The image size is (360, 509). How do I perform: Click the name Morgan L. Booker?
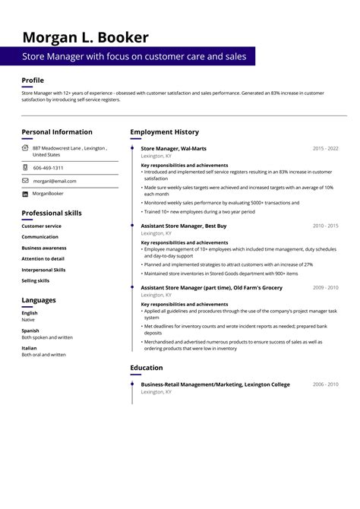tap(85, 37)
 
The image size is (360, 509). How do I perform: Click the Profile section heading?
tap(33, 81)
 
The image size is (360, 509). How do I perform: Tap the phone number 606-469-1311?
tap(48, 168)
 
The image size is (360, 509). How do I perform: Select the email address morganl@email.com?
tap(54, 181)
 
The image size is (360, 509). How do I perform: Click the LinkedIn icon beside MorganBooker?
tap(25, 194)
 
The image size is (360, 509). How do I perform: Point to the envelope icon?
tap(25, 181)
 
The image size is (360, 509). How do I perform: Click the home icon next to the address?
tap(25, 148)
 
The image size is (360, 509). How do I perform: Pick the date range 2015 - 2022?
tap(325, 148)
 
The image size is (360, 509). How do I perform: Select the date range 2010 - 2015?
tap(325, 226)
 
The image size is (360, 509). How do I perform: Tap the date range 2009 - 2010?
tap(325, 288)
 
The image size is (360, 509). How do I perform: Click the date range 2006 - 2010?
tap(325, 384)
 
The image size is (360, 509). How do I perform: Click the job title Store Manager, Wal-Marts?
tap(173, 148)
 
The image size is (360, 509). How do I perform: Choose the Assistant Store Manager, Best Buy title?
tap(184, 226)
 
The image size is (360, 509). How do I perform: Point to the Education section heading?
tap(147, 368)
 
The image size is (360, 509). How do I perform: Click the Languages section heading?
tap(39, 300)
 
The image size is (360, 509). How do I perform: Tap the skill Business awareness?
tap(43, 248)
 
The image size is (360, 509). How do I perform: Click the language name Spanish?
tap(30, 330)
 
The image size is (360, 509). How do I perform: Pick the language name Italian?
tap(29, 348)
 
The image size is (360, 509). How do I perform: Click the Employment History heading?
tap(164, 132)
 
